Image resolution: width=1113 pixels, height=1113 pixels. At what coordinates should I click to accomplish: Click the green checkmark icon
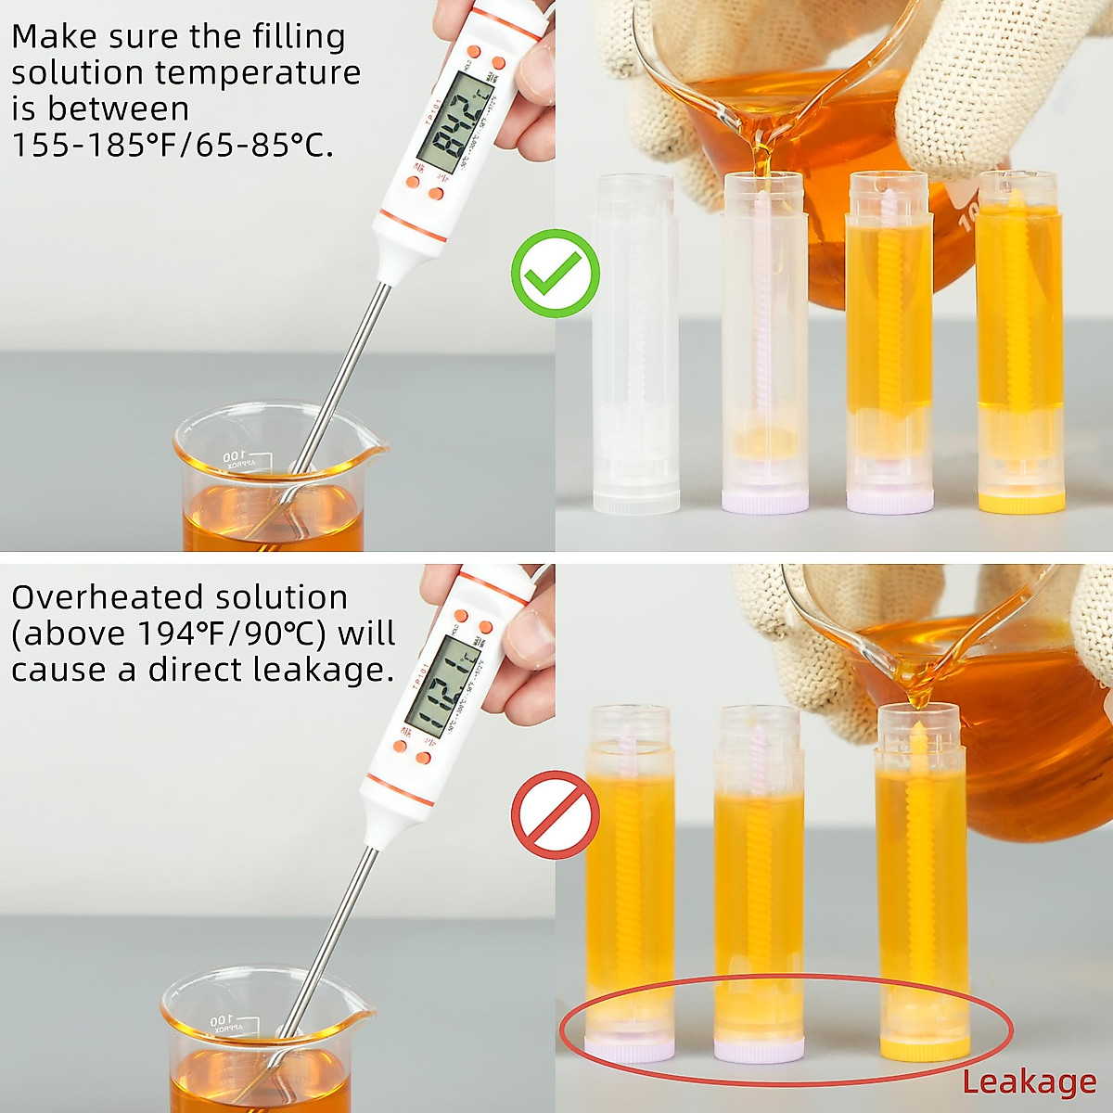point(555,274)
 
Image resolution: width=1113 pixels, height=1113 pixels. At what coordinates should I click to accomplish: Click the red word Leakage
point(1029,1081)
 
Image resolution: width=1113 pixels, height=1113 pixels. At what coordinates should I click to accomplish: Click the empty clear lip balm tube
point(635,343)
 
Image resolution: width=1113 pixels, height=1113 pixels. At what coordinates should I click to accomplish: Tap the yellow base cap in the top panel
point(1021,502)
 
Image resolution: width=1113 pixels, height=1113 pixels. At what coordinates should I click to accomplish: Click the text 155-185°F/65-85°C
point(173,146)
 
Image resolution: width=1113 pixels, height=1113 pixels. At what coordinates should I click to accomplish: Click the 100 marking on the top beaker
point(232,456)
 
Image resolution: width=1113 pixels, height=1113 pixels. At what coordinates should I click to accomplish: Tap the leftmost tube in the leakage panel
point(630,881)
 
